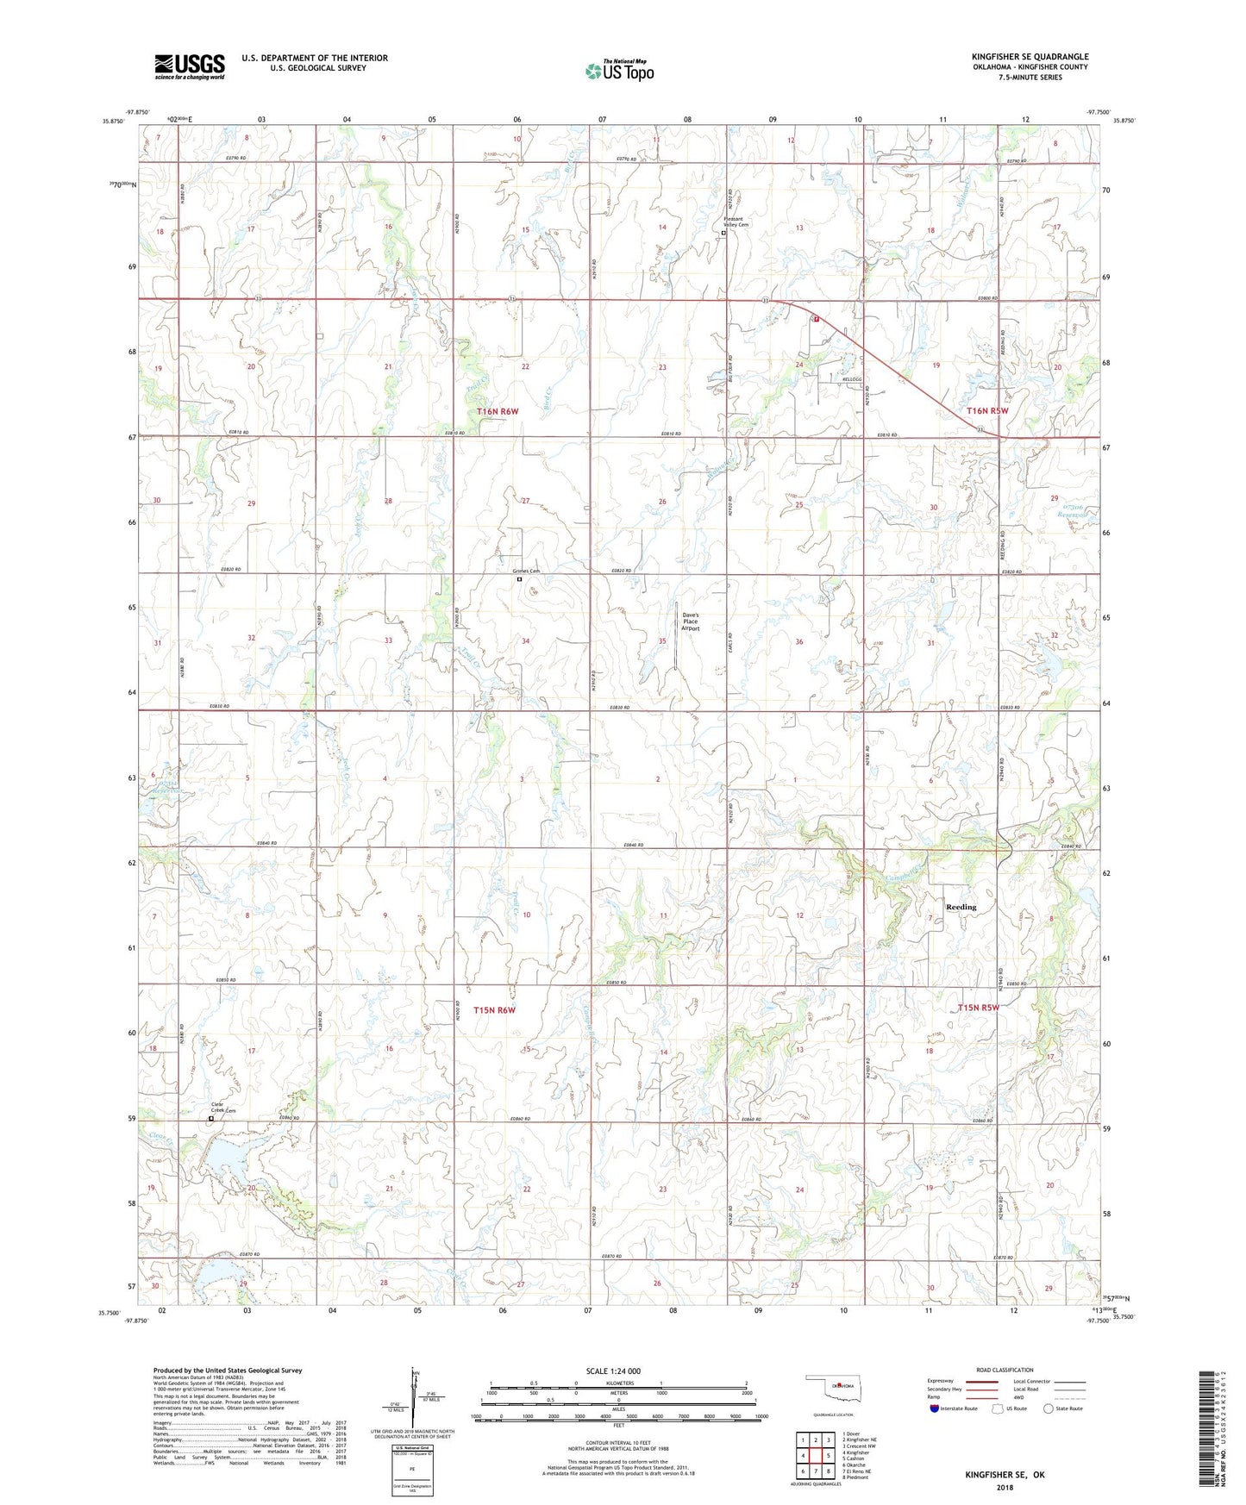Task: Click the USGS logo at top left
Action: (x=190, y=66)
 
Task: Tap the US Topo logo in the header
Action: (x=619, y=70)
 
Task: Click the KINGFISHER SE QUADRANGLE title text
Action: (x=1030, y=57)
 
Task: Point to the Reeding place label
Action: (x=961, y=907)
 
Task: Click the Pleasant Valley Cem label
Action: (x=736, y=222)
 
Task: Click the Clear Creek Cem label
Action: (x=223, y=1108)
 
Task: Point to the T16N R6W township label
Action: (x=498, y=412)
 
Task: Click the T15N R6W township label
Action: (x=494, y=1009)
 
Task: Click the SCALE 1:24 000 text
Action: (x=613, y=1371)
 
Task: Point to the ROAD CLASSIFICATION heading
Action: (x=1005, y=1370)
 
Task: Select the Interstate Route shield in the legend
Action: (x=936, y=1408)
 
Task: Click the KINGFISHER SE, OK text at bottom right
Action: (x=1005, y=1475)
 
